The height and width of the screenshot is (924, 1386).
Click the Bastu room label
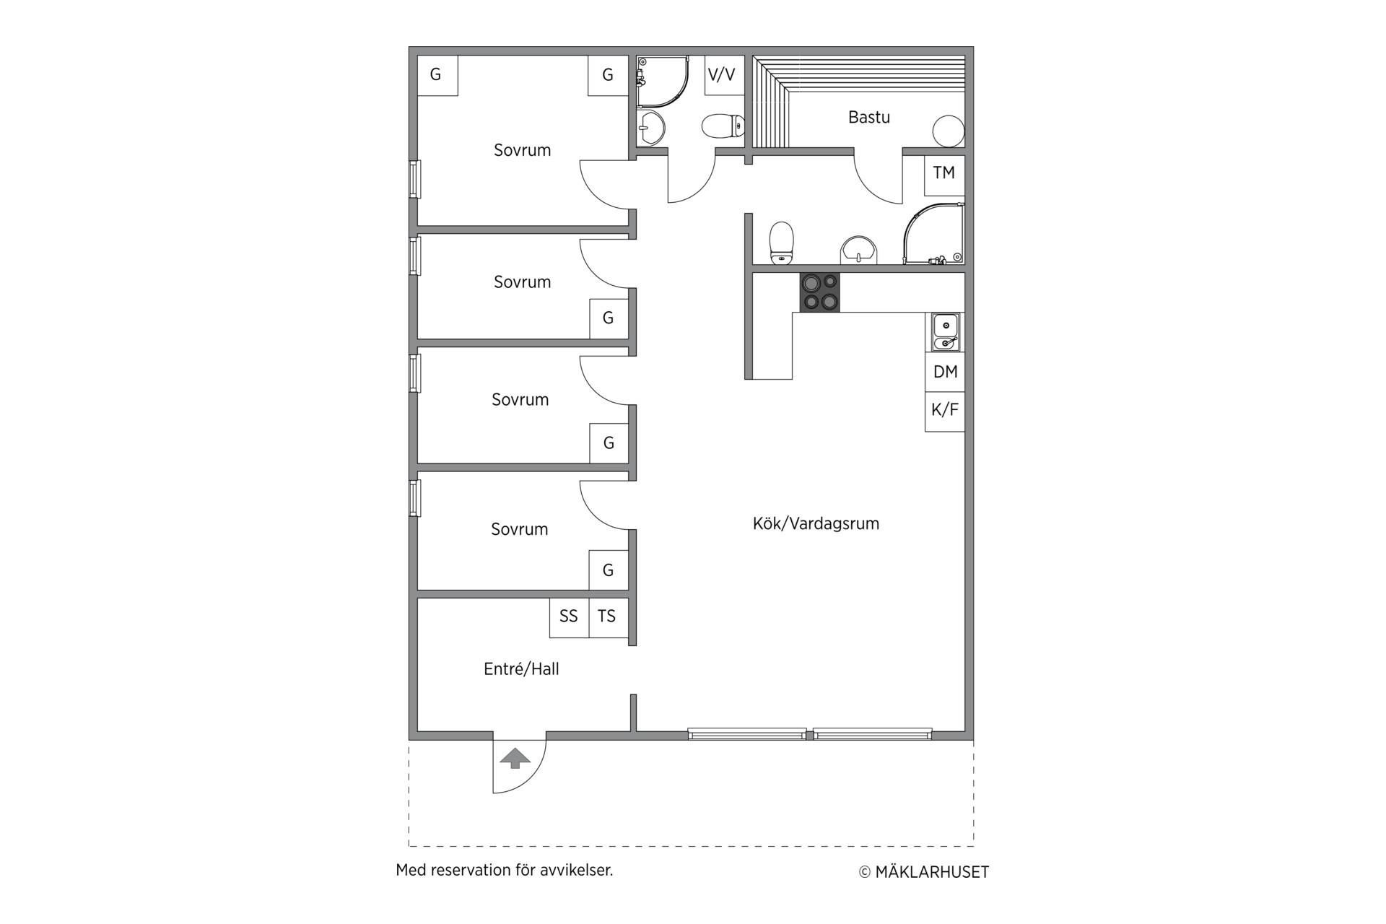click(868, 117)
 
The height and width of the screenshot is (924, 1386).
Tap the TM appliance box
click(944, 175)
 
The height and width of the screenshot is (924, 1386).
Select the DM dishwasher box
click(945, 372)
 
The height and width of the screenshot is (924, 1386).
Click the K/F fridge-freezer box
click(945, 411)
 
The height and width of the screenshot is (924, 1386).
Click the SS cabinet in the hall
click(569, 617)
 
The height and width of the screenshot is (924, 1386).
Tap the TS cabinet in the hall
click(609, 617)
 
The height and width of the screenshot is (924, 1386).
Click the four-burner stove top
click(819, 292)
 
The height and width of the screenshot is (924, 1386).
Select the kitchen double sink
click(945, 332)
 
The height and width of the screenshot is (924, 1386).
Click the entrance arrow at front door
click(515, 759)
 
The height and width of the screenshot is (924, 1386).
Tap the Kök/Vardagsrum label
click(816, 523)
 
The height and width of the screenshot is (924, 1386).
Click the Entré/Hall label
click(521, 669)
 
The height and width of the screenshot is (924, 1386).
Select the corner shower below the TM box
click(934, 233)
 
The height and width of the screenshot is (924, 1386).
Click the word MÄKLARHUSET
click(932, 872)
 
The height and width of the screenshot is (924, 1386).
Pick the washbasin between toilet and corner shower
click(858, 250)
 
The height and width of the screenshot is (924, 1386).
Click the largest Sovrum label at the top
click(522, 150)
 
